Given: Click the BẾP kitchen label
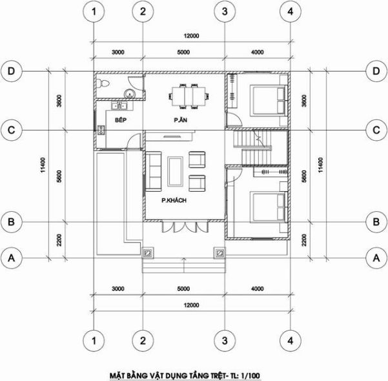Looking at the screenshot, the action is (x=121, y=120).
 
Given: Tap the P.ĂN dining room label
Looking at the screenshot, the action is (x=180, y=120).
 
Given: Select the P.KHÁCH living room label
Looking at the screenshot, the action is (x=174, y=200).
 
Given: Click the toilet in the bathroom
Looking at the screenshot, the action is (x=103, y=83).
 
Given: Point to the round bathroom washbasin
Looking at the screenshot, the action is (x=129, y=94).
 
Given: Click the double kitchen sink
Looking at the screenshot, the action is (x=119, y=106).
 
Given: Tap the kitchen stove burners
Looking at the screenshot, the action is (x=101, y=130).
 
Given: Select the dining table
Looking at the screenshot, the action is (x=189, y=96).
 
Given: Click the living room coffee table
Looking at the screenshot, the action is (x=175, y=171).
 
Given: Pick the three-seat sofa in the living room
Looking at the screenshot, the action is (x=154, y=172).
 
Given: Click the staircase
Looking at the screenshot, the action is (x=252, y=148).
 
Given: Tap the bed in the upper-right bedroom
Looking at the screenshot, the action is (x=269, y=100).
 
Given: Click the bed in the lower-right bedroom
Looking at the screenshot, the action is (x=269, y=207).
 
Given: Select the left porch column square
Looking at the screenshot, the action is (x=147, y=253).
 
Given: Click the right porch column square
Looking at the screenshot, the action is (x=220, y=253).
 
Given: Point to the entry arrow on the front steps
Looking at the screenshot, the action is (x=184, y=265).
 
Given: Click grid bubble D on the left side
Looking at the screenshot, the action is (x=12, y=71).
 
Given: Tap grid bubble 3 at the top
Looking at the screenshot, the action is (x=225, y=12).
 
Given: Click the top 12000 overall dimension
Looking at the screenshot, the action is (x=191, y=36).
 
